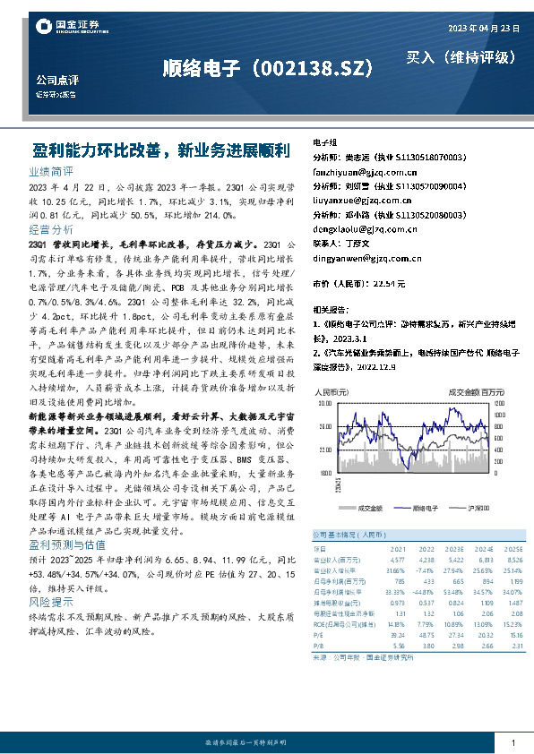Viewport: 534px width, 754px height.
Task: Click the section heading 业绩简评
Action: [x=51, y=170]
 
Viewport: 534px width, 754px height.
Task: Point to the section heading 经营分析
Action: [x=51, y=230]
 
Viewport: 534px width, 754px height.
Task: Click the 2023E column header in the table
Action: [x=453, y=549]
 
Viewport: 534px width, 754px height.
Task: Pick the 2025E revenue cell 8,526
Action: [x=512, y=558]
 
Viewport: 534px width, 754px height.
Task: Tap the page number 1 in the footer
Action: [x=512, y=743]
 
